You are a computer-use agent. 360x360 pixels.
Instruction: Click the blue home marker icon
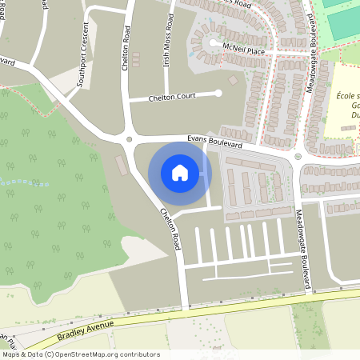click(x=180, y=172)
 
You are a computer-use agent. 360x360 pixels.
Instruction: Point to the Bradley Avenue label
click(x=86, y=327)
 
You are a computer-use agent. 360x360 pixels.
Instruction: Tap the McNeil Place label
click(x=244, y=50)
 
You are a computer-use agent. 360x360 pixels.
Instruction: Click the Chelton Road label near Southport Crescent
click(x=126, y=48)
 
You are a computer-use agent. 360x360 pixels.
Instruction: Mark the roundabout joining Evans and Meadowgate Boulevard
click(x=298, y=156)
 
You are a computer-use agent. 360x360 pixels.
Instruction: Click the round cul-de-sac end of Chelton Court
click(x=218, y=94)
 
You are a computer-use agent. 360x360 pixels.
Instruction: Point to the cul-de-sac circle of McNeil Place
click(x=213, y=43)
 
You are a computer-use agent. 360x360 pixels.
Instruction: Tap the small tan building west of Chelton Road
click(x=121, y=166)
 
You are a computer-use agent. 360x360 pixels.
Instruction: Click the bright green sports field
click(x=344, y=20)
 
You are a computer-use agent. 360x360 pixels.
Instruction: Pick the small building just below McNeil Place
click(x=233, y=80)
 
